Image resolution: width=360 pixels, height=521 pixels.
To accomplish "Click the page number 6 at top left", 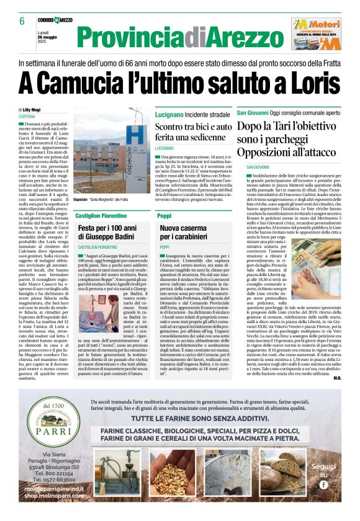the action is [22, 21].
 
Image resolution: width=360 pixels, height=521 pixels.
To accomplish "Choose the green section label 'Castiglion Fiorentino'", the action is [101, 215].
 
